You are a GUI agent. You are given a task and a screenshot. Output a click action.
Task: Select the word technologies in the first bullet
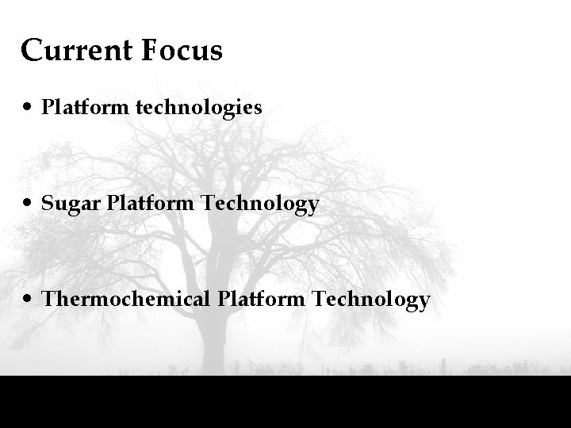199,107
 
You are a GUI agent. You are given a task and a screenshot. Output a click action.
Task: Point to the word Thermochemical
126,300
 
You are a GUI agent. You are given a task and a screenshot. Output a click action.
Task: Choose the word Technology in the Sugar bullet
260,204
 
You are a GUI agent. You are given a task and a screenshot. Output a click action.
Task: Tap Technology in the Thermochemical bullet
371,300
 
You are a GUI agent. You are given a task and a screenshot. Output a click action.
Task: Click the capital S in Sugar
48,204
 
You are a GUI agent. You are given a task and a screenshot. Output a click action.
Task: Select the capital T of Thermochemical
49,300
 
